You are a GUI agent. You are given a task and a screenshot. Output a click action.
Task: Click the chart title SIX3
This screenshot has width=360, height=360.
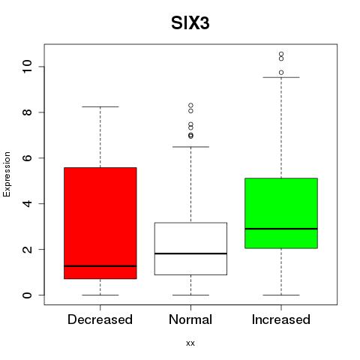[190, 23]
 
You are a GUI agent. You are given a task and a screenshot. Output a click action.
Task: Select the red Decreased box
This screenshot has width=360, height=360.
[100, 223]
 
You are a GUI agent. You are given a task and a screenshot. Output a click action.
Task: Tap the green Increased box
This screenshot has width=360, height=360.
[281, 213]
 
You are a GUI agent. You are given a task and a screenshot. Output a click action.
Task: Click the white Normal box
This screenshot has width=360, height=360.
[190, 248]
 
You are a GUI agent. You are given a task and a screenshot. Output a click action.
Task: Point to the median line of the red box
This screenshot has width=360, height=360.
[100, 266]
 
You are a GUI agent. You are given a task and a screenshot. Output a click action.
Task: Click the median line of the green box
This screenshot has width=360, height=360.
[281, 229]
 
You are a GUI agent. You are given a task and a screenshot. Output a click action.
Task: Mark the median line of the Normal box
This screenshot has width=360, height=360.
[190, 253]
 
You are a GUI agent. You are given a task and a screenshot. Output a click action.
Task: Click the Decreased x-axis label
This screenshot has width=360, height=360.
[100, 319]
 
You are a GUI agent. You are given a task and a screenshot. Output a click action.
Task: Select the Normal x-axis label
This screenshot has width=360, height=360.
[190, 319]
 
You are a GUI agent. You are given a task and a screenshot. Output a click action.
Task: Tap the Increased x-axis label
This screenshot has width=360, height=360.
[281, 319]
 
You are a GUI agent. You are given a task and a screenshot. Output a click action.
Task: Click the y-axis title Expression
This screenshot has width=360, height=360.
[7, 174]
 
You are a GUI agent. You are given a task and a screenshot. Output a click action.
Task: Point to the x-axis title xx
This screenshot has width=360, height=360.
[190, 343]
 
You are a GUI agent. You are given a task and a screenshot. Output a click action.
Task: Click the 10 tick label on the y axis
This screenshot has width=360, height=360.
[28, 67]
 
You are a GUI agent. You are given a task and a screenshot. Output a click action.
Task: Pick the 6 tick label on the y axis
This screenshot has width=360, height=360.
[28, 158]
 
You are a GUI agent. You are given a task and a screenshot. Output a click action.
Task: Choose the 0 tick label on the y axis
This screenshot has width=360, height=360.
[28, 295]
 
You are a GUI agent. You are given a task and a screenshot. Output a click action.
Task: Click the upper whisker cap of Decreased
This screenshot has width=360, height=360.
[100, 106]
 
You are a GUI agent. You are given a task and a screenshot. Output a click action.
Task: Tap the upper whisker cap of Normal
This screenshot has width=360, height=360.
[190, 147]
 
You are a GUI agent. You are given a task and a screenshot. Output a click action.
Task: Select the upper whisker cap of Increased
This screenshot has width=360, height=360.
[281, 77]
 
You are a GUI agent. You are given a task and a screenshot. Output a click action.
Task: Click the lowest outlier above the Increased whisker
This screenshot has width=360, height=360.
[281, 73]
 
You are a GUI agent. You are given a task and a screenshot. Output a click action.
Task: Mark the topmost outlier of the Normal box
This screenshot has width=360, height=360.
[190, 106]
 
